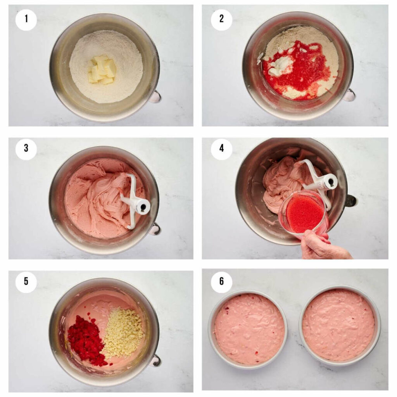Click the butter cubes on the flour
[x=102, y=69]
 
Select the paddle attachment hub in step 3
[x=142, y=206]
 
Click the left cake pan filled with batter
[x=248, y=329]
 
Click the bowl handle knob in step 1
[x=155, y=97]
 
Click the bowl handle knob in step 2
[x=350, y=95]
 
